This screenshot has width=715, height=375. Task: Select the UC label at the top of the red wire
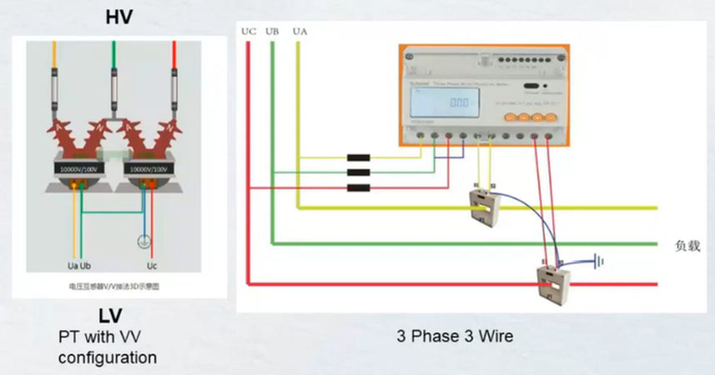point(249,32)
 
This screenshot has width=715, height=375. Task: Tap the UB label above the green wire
point(272,32)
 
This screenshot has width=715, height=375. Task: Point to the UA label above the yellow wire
point(300,32)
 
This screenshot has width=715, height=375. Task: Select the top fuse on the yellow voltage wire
point(358,157)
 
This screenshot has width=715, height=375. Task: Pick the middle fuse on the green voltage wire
point(358,172)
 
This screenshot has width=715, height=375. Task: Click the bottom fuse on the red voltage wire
point(358,187)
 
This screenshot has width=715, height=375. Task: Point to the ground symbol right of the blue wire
point(597,261)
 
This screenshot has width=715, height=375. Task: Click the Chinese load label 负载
point(687,247)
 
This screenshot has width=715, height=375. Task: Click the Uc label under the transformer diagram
point(151,266)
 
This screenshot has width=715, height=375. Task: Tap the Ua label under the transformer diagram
point(72,266)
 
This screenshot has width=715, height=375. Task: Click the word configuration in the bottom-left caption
point(107,357)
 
